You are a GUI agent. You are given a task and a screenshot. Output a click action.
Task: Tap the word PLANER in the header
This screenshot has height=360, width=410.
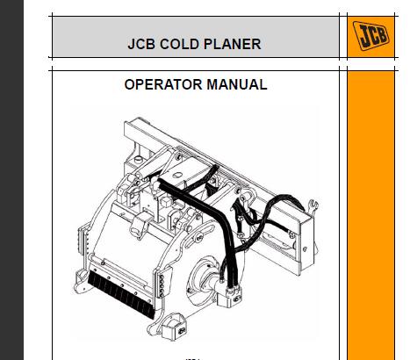(232, 44)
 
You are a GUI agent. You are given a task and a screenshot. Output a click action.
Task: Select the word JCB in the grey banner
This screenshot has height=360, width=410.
(141, 44)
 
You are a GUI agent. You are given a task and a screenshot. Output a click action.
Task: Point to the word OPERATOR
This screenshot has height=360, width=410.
(163, 84)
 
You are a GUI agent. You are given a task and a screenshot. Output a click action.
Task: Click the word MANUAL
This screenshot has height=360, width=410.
(237, 84)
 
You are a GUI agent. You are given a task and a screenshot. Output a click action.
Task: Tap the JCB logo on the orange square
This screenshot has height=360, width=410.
(371, 36)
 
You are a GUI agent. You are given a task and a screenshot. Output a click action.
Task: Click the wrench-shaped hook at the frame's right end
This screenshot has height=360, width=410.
(313, 205)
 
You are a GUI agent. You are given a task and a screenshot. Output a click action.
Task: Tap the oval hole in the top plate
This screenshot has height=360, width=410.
(177, 176)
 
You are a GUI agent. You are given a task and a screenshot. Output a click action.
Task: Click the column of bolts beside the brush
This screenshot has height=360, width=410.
(162, 283)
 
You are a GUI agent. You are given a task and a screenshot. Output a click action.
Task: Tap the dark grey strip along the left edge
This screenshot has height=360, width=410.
(11, 180)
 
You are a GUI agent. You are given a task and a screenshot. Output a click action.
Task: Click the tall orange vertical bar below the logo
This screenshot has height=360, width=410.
(371, 216)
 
